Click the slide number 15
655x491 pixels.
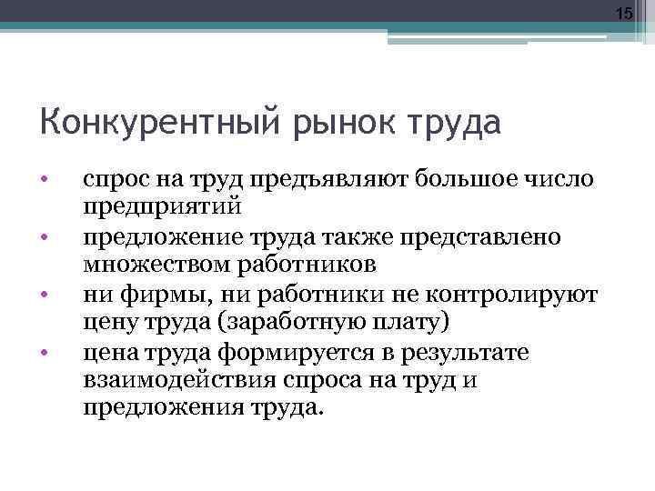click(x=623, y=13)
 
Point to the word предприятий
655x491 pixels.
click(x=162, y=207)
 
